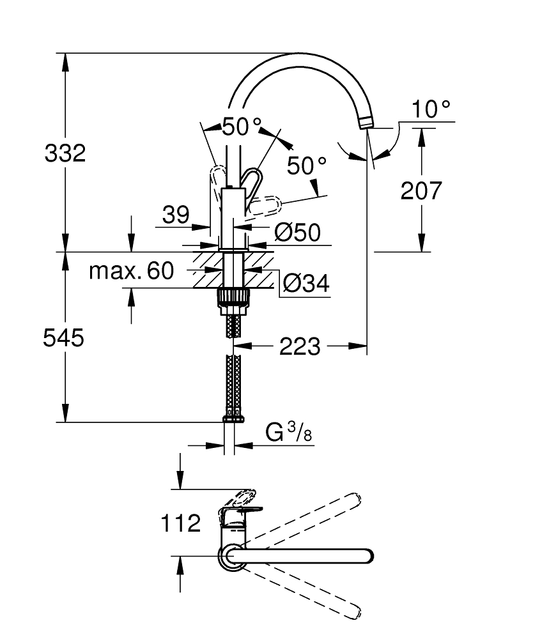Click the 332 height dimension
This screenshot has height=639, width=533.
(65, 153)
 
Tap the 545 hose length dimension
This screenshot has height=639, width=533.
(63, 338)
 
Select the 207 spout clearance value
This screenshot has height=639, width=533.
(421, 190)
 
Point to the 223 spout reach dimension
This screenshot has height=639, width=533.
(300, 347)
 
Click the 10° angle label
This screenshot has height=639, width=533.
(431, 109)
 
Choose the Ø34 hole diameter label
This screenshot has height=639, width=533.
(306, 282)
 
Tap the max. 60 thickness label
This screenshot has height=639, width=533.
(131, 272)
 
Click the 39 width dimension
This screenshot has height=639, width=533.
(175, 215)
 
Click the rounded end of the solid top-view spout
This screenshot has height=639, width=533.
(366, 556)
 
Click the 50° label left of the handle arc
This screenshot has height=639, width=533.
(242, 127)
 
